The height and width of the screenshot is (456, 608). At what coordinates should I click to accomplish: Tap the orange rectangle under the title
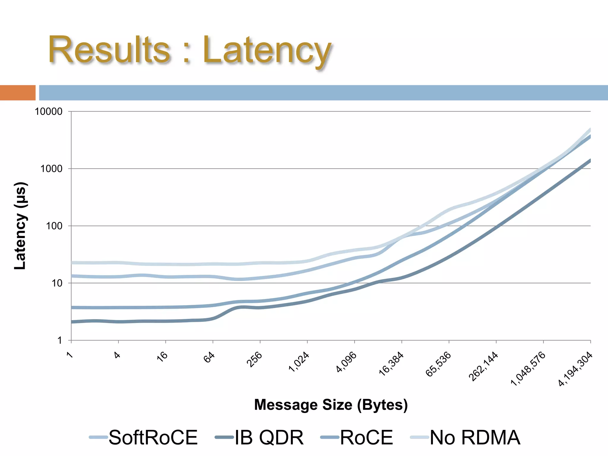coord(18,93)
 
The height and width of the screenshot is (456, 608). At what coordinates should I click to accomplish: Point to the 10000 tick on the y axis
coord(49,112)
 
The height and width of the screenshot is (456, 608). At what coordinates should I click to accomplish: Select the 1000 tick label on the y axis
coord(51,169)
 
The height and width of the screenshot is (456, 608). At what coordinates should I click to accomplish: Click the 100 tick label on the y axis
coord(54,226)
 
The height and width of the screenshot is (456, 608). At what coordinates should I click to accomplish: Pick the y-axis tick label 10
coord(57,283)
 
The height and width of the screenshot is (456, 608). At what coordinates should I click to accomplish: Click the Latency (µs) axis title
coord(21,226)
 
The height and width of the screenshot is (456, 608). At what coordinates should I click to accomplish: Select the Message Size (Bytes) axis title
coord(331,405)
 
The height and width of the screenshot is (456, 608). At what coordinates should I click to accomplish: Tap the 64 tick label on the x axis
coord(209,357)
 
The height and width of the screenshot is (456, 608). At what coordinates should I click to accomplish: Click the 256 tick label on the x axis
coord(254,359)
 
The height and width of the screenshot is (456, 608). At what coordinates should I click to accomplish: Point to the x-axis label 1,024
coord(299,362)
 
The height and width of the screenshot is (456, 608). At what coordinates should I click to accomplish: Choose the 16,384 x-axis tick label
coord(391,364)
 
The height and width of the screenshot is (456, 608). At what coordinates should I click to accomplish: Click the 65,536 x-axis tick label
coord(438,364)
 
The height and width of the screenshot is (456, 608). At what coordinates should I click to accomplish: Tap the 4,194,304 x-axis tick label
coord(575,369)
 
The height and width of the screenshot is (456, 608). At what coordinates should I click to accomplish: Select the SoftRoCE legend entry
coord(153,438)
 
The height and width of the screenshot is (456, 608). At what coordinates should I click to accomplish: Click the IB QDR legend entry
coord(269,438)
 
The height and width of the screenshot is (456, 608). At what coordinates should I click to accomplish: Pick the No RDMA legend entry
coord(475,438)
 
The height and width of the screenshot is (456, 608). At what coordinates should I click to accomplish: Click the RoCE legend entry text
coord(366,438)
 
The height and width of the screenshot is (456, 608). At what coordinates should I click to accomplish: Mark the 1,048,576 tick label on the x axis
coord(528,368)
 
